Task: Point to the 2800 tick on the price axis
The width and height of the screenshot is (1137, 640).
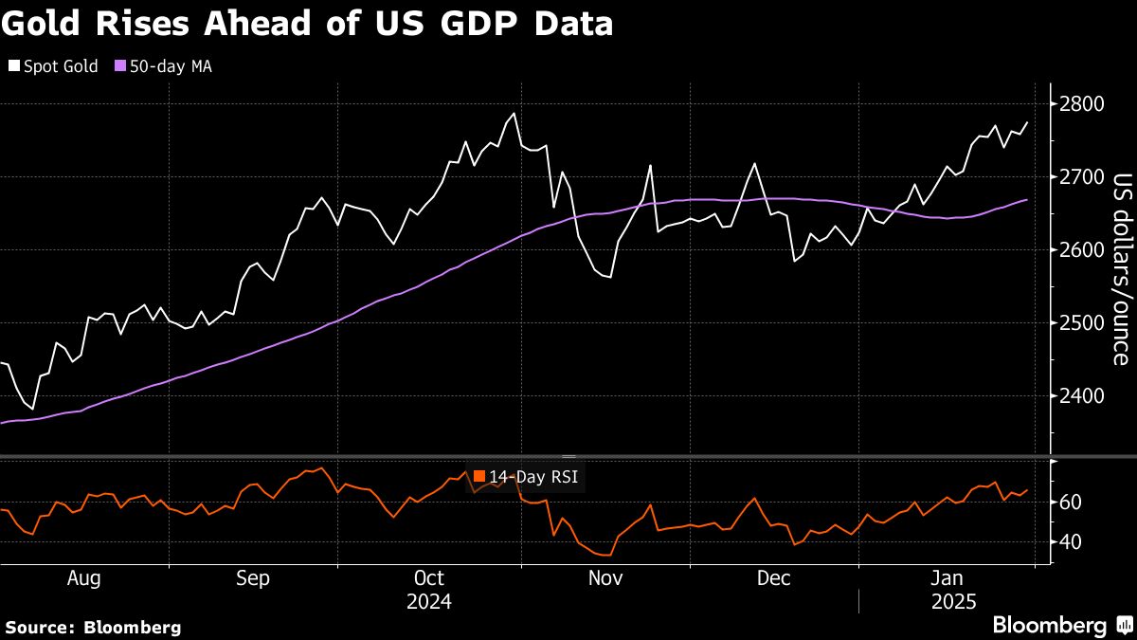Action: tap(1080, 103)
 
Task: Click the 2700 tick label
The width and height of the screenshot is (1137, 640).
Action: tap(1080, 176)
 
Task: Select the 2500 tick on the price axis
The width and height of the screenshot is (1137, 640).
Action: tap(1080, 323)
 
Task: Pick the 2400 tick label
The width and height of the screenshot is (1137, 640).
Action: tap(1080, 396)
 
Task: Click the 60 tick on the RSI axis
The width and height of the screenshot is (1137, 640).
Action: tap(1068, 502)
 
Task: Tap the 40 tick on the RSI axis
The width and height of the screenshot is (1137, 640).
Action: tap(1068, 542)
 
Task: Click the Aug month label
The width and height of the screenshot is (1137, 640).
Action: tap(84, 578)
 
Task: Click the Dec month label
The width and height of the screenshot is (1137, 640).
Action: tap(774, 578)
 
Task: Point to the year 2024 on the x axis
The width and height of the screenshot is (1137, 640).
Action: tap(428, 602)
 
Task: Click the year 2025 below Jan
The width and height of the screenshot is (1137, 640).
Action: tap(948, 602)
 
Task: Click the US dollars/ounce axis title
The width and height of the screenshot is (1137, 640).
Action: tap(1119, 268)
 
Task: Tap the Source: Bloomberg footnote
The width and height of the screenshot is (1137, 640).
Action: tap(93, 627)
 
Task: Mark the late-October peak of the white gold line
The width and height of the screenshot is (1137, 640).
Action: tap(514, 114)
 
